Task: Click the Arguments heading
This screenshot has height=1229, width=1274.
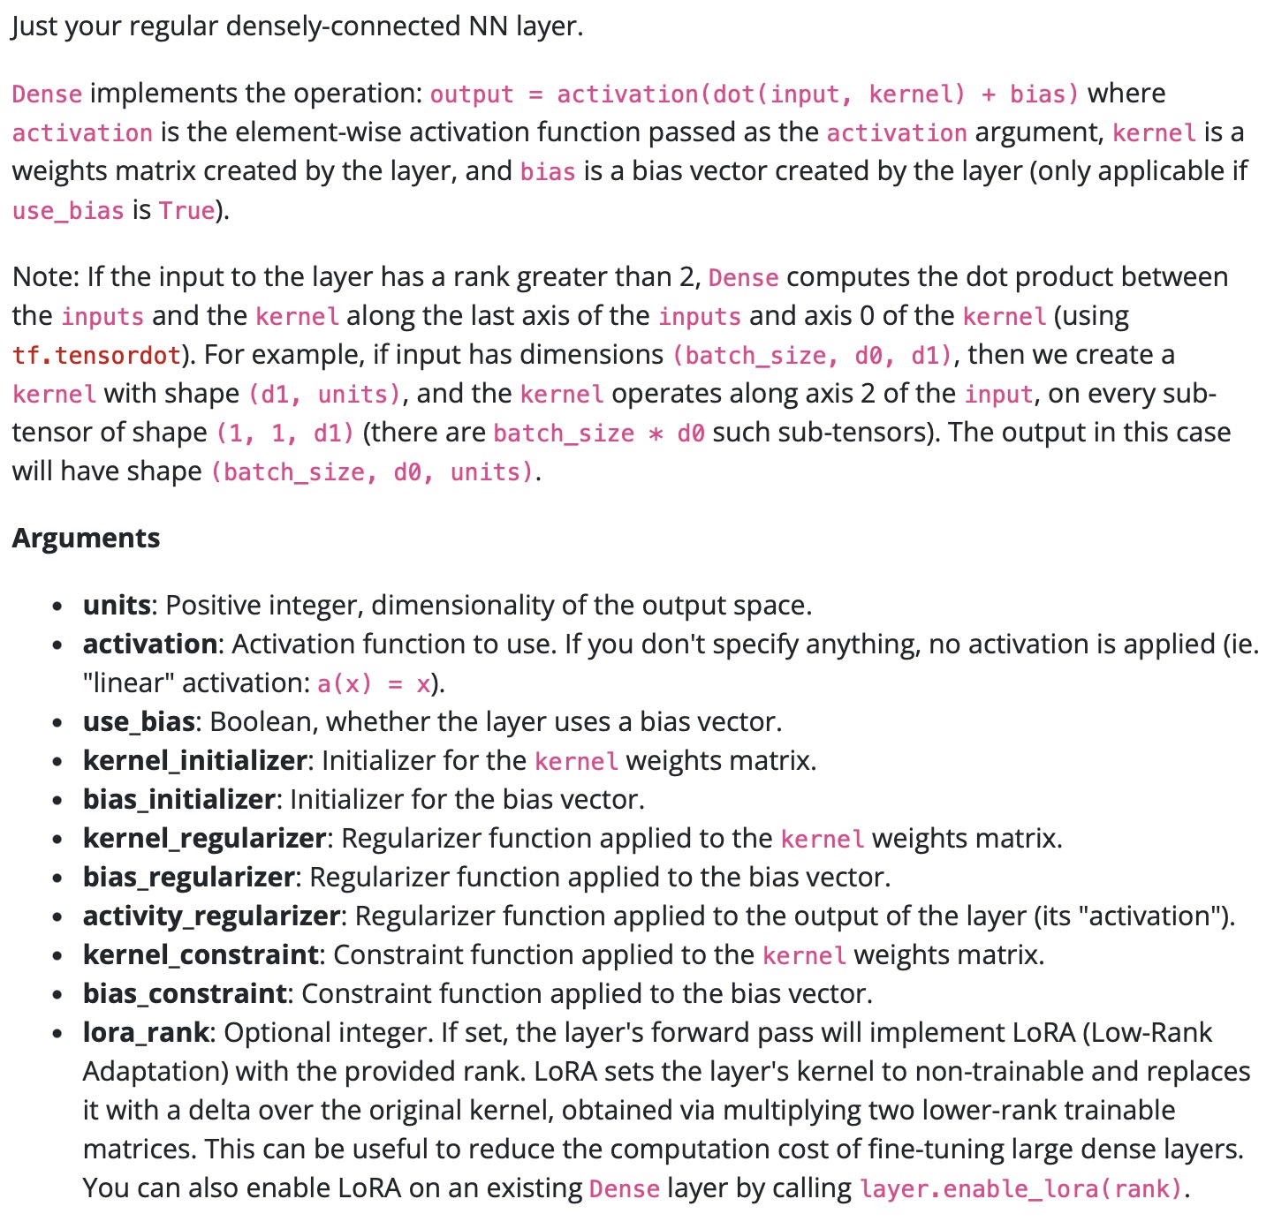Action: pos(86,538)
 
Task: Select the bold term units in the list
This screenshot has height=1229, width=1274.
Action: pos(116,606)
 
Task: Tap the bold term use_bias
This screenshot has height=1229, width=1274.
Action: pos(138,722)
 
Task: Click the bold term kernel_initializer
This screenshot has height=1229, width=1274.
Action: pos(194,761)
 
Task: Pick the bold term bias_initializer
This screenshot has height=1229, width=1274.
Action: pos(178,800)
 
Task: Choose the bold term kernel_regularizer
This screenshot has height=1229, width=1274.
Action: pos(204,839)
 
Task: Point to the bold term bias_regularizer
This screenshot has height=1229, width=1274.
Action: pos(188,878)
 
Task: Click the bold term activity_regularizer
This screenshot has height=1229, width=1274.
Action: pos(210,916)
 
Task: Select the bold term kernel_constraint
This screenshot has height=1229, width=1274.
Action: pos(200,955)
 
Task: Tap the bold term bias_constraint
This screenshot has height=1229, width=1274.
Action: pos(184,994)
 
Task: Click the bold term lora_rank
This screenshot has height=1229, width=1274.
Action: pos(146,1033)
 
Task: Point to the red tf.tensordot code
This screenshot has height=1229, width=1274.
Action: pos(96,356)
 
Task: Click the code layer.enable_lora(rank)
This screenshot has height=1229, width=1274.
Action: pos(1020,1189)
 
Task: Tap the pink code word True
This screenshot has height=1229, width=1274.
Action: pos(187,211)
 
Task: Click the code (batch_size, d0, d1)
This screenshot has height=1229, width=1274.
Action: pos(812,356)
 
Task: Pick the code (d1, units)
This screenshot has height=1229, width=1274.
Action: pos(324,395)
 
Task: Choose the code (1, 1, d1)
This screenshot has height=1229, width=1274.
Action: pos(285,434)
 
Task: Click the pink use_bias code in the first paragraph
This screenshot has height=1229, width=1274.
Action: pos(68,211)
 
